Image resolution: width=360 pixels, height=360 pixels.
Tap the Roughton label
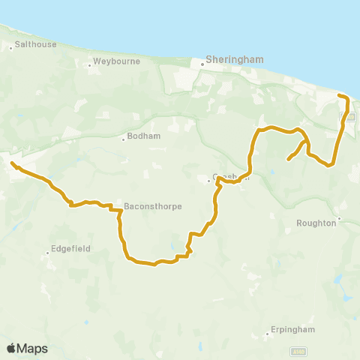(x=317, y=222)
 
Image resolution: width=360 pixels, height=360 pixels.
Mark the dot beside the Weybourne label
(x=89, y=64)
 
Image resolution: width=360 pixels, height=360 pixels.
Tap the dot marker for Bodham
(x=123, y=139)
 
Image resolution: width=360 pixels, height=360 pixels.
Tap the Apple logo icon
(x=11, y=348)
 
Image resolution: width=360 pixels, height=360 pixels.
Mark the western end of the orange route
(x=11, y=161)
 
